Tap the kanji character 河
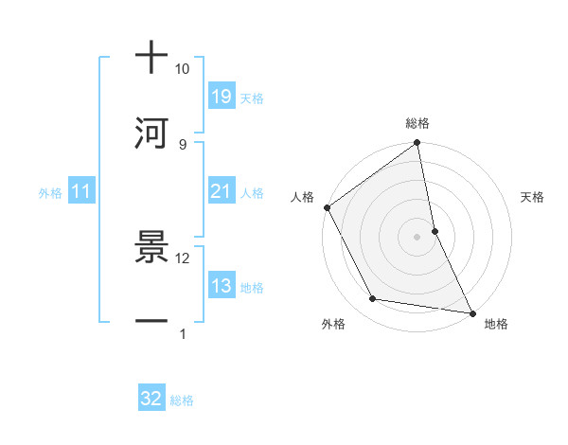click(151, 133)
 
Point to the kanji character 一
click(151, 322)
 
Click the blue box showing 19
click(222, 96)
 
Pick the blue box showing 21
click(222, 191)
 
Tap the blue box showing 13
click(222, 286)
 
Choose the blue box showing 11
click(81, 191)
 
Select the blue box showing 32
click(151, 399)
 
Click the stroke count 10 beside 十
click(182, 69)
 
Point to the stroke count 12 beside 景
click(182, 258)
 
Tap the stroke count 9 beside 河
click(182, 144)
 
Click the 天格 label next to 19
click(252, 98)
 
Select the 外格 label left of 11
click(50, 193)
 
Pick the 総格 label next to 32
click(182, 400)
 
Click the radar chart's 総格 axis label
click(417, 123)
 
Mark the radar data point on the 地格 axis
click(471, 312)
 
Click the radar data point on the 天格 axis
click(435, 230)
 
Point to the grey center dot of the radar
click(417, 236)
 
